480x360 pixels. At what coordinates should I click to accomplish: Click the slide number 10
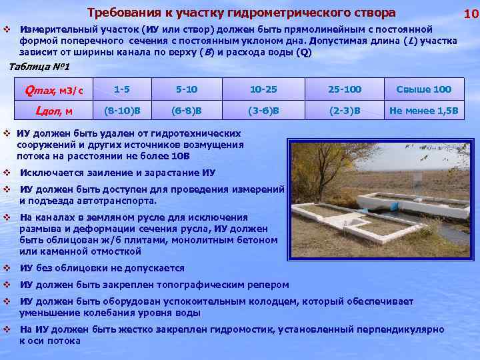[471, 13]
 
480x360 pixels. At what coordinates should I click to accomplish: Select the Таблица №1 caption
[38, 67]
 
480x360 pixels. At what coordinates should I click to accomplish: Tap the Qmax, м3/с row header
[54, 89]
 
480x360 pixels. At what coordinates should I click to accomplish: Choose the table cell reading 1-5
[121, 89]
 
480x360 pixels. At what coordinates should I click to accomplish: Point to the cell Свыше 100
[423, 89]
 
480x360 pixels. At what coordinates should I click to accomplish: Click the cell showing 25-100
[345, 89]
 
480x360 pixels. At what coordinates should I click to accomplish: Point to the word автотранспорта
[119, 200]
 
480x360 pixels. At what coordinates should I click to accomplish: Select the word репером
[269, 285]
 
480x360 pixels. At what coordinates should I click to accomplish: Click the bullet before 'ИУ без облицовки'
[7, 268]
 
